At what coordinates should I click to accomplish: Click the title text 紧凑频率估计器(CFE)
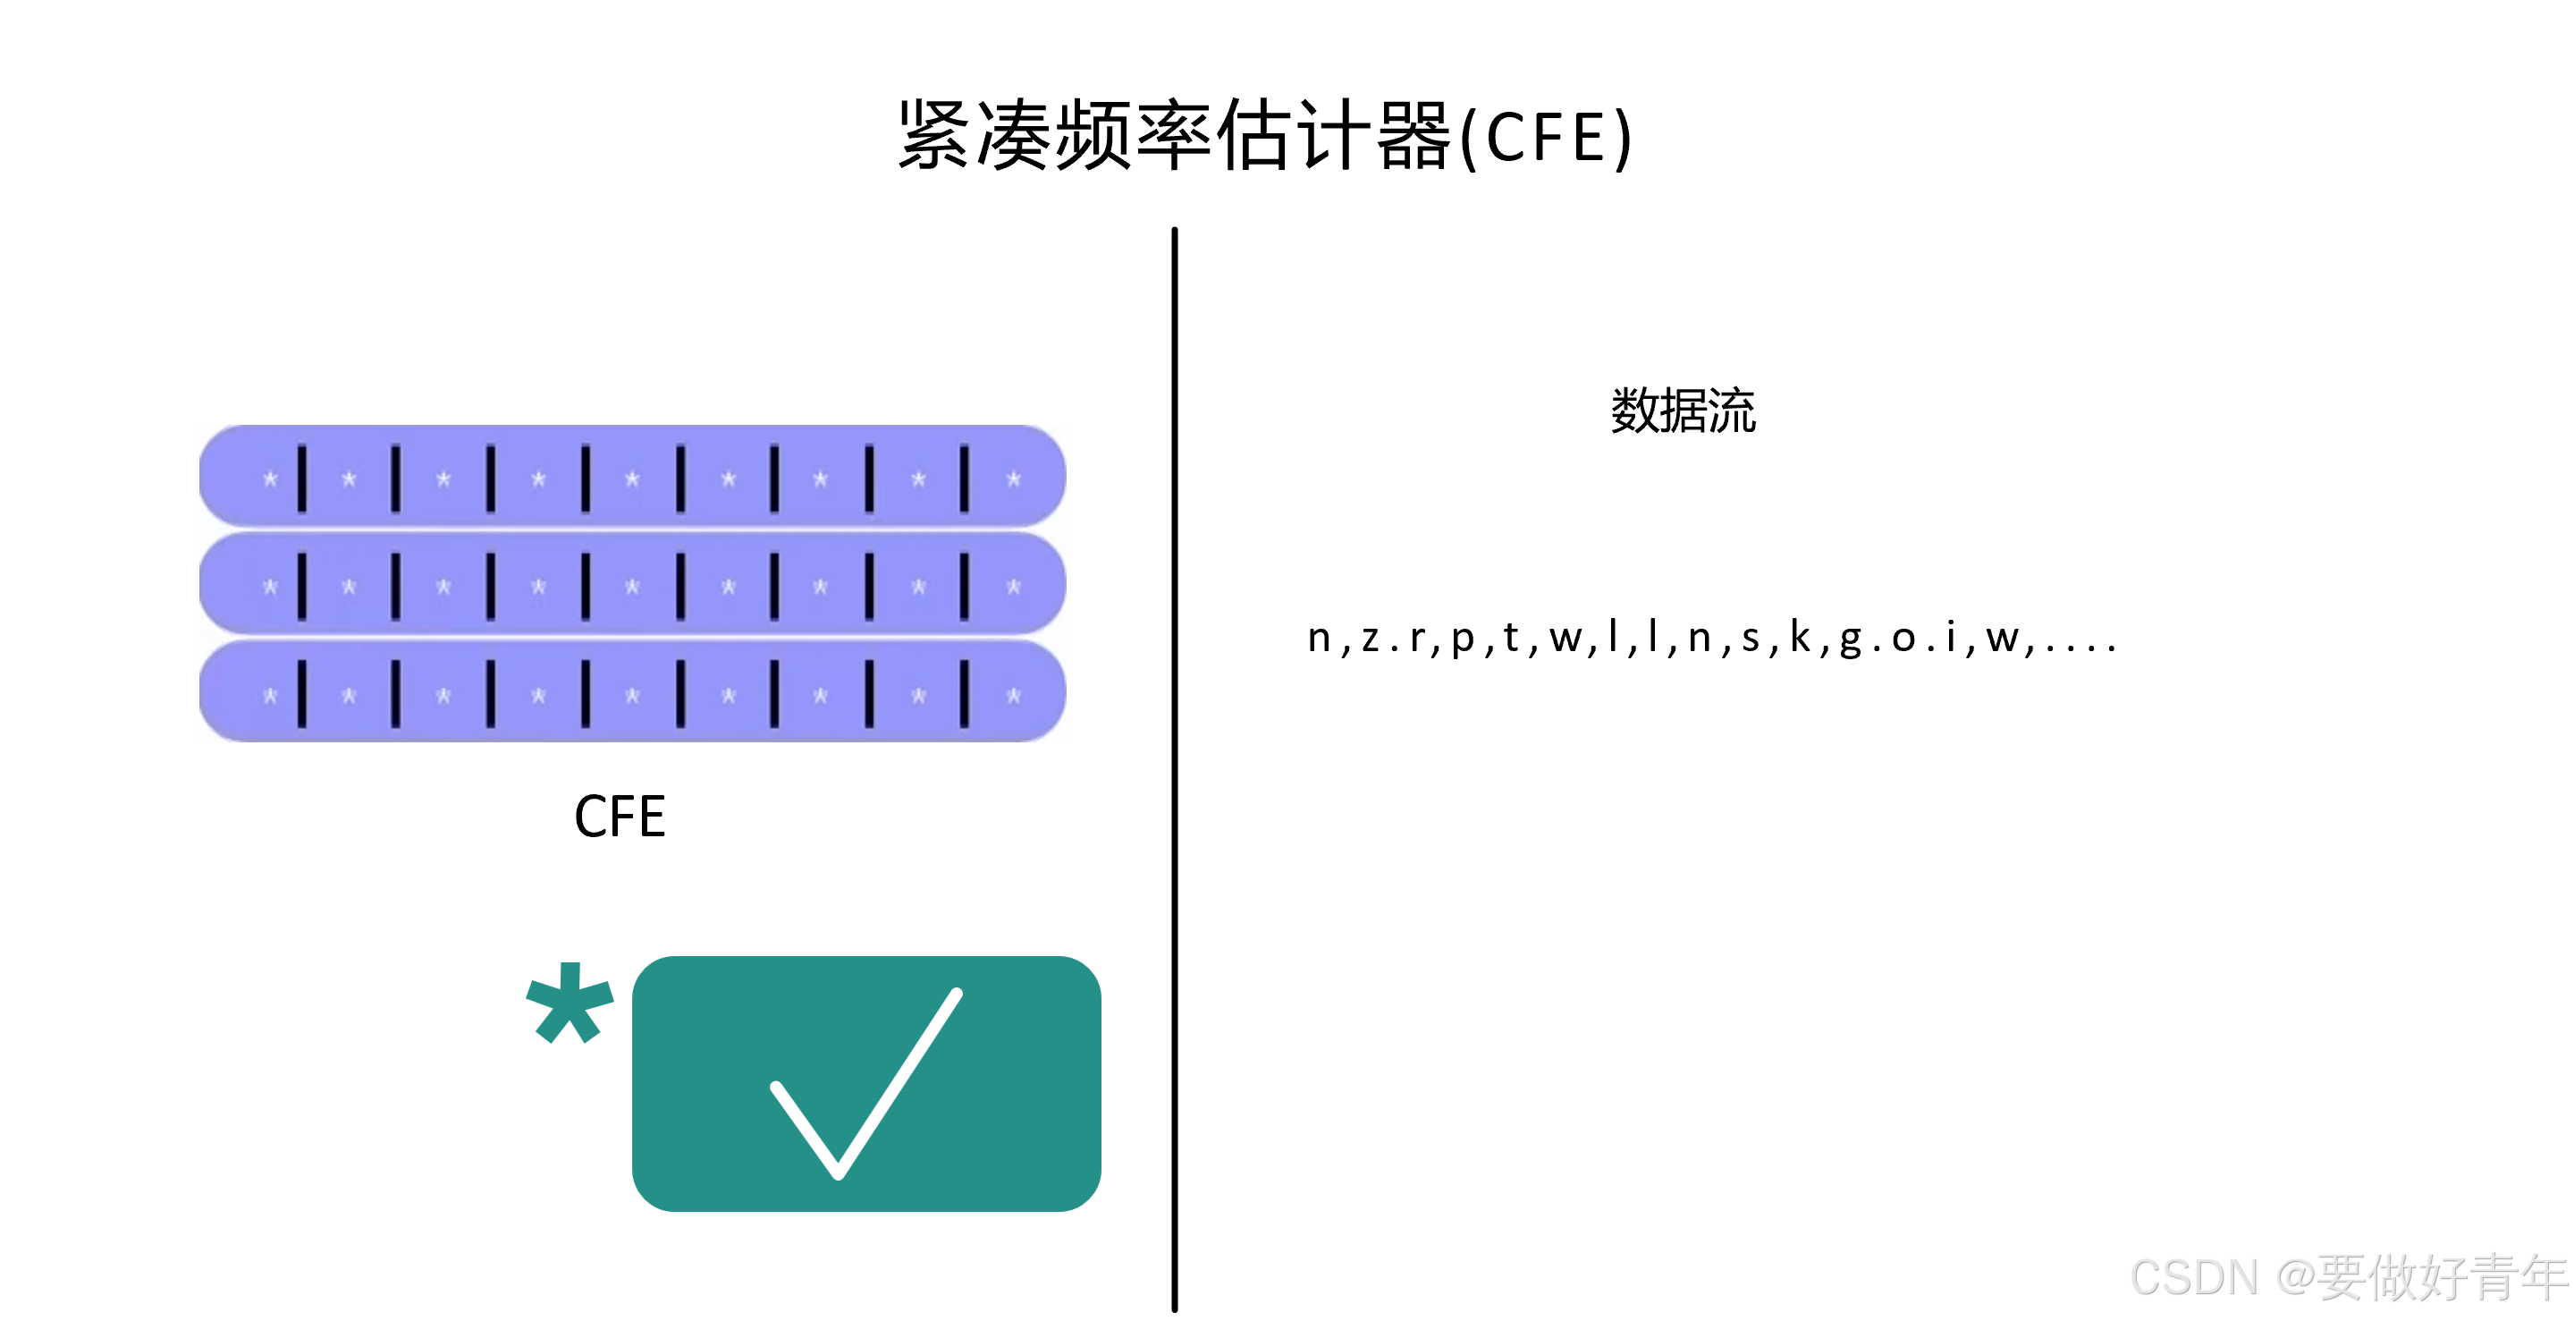1265,136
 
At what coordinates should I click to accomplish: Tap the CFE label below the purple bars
620,817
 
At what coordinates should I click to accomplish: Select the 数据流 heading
1683,411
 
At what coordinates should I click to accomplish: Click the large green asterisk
569,1005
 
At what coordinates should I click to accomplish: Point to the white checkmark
865,1083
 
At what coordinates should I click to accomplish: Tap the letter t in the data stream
1510,637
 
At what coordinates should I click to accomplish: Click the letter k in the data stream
1800,637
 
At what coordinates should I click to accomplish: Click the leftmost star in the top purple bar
270,479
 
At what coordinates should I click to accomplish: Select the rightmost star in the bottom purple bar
1013,696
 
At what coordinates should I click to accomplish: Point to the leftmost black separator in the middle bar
302,587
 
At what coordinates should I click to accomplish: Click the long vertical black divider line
1174,769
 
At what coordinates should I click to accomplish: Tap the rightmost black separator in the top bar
965,478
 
